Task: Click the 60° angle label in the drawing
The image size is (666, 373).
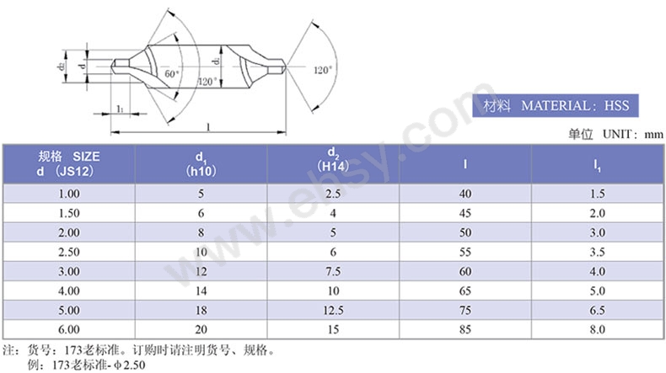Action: pyautogui.click(x=172, y=73)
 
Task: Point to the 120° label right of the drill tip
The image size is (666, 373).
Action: pyautogui.click(x=323, y=70)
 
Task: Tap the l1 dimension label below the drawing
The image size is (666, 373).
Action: pyautogui.click(x=121, y=109)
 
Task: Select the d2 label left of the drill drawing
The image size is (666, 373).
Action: pyautogui.click(x=62, y=67)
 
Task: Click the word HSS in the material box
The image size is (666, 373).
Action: pyautogui.click(x=616, y=105)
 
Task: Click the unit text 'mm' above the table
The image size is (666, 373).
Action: pyautogui.click(x=653, y=135)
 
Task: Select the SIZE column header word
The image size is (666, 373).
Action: pyautogui.click(x=86, y=157)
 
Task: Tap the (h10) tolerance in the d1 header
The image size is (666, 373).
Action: pyautogui.click(x=201, y=171)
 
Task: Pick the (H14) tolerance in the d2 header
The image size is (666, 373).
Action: pyautogui.click(x=333, y=166)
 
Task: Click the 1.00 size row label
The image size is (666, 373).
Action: pyautogui.click(x=69, y=194)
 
